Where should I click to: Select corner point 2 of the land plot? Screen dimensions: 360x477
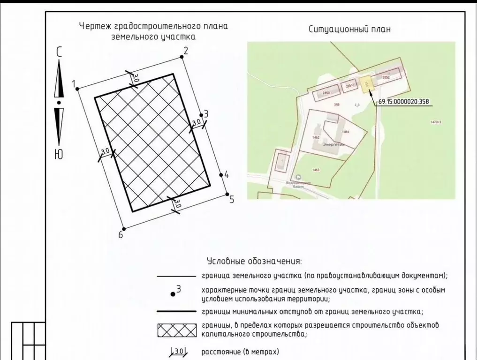point(182,57)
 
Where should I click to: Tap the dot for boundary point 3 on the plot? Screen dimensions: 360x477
point(202,115)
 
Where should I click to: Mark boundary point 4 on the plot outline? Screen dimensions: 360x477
point(221,174)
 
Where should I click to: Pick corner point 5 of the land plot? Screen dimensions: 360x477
point(227,195)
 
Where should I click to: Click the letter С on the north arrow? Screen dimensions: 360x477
point(59,52)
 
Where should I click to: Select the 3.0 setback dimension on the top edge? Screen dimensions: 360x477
point(135,78)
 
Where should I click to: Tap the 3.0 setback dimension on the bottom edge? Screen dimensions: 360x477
point(177,204)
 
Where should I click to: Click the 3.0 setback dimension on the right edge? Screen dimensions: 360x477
point(196,122)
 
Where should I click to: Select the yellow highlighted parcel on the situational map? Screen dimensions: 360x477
point(367,83)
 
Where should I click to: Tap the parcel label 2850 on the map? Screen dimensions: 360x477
point(326,93)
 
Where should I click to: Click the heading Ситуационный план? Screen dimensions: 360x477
point(349,29)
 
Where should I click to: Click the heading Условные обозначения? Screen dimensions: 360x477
point(254,261)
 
